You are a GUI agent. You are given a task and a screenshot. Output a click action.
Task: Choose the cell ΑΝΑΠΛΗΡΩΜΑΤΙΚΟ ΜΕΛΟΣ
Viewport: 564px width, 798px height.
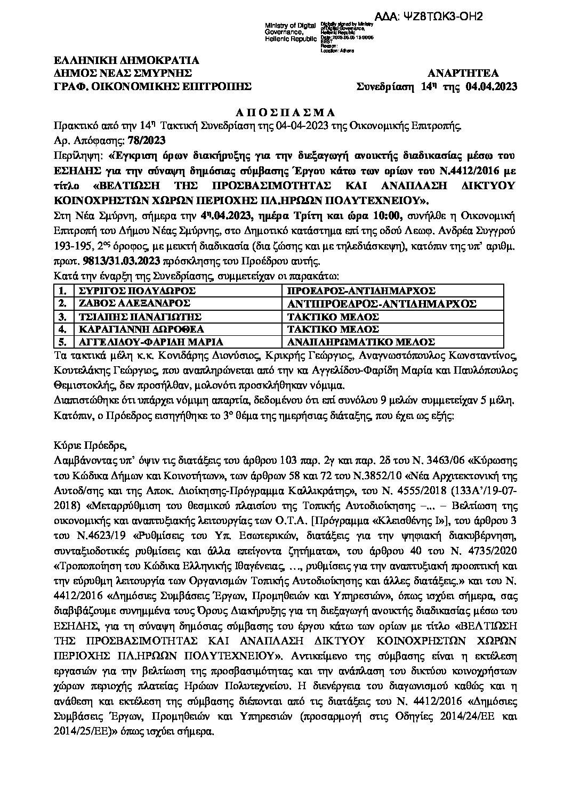360,342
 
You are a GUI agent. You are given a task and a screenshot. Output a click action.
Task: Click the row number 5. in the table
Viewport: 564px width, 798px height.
63,342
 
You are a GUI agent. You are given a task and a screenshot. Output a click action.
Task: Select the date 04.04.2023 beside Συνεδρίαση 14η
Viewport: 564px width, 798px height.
491,86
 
